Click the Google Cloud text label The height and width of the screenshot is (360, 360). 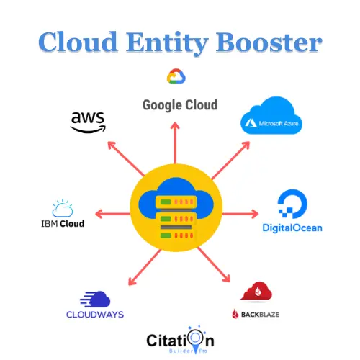point(179,104)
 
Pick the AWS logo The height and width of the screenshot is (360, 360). point(87,121)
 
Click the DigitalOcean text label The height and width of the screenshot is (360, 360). point(292,229)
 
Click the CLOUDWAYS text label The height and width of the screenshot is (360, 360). point(95,315)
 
